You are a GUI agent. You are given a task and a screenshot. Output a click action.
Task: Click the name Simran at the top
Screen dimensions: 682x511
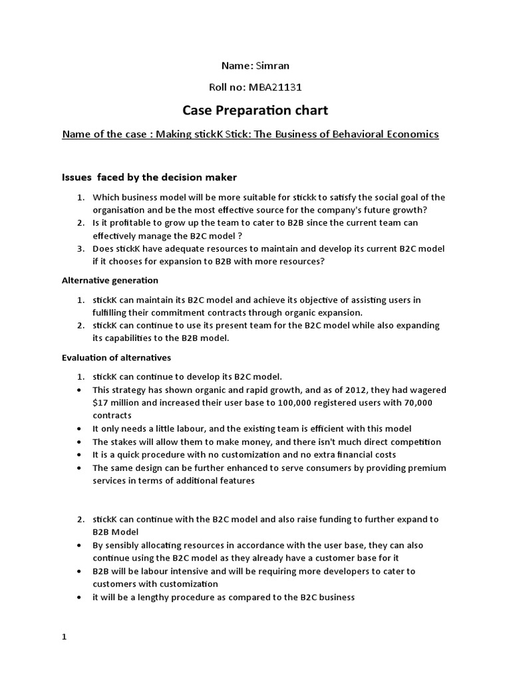pos(273,65)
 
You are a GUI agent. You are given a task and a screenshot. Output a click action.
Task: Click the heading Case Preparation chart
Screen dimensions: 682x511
pos(255,110)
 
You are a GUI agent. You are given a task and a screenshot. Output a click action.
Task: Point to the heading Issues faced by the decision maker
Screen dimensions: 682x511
pos(149,177)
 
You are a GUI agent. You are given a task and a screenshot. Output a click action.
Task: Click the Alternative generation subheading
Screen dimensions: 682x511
pos(110,280)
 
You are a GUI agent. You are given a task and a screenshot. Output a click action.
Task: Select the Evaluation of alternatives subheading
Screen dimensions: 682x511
pos(116,358)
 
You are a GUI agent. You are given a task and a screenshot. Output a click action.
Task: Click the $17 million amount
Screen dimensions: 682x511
pos(116,403)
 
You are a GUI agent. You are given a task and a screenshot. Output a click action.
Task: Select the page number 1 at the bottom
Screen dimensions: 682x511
pos(65,637)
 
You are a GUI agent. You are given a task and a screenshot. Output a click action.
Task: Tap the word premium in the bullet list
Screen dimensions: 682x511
pos(426,468)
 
